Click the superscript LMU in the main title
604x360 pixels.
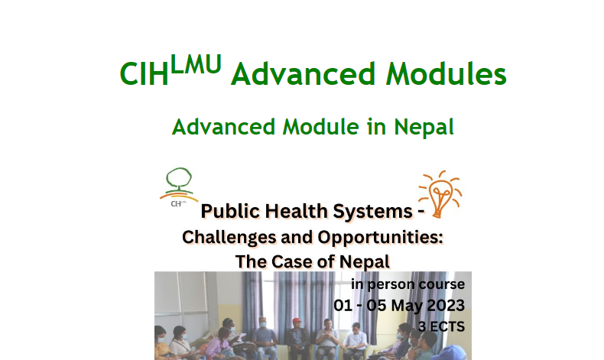[196, 64]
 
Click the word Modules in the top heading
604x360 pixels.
[446, 74]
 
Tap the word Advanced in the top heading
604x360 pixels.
[304, 74]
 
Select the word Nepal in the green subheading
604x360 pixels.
[424, 128]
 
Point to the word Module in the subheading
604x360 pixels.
[320, 127]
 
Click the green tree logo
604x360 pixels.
[179, 183]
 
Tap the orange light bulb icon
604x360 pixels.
[440, 193]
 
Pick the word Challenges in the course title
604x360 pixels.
[229, 238]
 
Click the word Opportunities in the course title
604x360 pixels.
[380, 237]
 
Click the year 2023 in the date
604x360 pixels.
[446, 305]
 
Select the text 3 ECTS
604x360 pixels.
[441, 326]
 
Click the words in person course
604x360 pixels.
[408, 284]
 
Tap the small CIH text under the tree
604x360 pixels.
[177, 203]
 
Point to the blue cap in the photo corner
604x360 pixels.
[456, 352]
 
